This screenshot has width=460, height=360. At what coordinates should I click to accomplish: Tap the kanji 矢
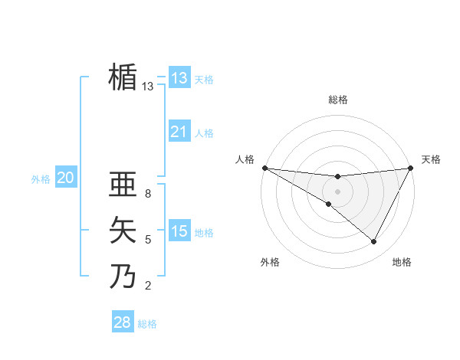click(123, 230)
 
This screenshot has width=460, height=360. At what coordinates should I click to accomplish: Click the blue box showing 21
click(179, 132)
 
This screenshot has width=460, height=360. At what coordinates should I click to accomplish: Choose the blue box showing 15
click(179, 231)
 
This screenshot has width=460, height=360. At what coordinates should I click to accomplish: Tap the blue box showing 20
click(65, 178)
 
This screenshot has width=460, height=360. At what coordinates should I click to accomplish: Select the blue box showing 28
click(123, 322)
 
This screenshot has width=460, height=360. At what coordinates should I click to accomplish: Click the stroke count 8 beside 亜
click(148, 194)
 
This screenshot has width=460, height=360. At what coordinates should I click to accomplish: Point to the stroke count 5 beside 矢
click(148, 240)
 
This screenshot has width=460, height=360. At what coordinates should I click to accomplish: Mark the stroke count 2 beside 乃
click(148, 286)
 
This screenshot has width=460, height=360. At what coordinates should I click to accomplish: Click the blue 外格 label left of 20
click(41, 179)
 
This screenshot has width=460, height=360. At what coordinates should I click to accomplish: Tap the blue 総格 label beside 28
click(147, 324)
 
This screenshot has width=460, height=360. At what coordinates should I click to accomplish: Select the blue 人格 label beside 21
click(204, 133)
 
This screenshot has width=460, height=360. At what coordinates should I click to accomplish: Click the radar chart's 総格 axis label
click(337, 100)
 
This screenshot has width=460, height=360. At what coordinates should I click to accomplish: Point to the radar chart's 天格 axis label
click(431, 159)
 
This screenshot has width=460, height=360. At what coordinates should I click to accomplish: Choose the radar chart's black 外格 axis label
click(270, 262)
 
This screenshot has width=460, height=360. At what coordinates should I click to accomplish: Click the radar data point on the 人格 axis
click(264, 167)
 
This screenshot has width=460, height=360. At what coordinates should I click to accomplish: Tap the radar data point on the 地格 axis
click(374, 242)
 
